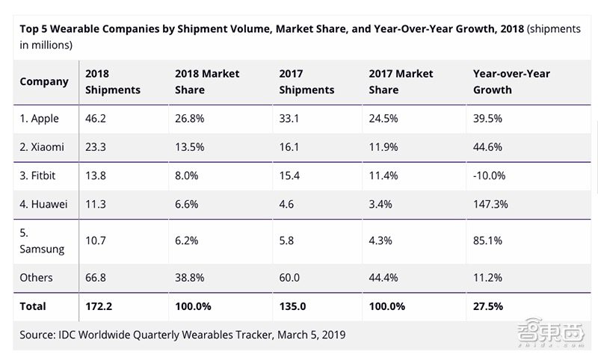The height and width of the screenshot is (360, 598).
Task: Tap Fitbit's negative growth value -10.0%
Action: pyautogui.click(x=490, y=176)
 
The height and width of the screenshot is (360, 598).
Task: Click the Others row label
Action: pyautogui.click(x=36, y=278)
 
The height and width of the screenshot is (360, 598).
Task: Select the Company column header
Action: pyautogui.click(x=44, y=81)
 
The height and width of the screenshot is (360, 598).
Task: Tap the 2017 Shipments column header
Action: pyautogui.click(x=306, y=81)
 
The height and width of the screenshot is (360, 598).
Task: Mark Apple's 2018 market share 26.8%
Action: pyautogui.click(x=190, y=118)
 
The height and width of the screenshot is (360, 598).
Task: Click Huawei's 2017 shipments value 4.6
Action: pyautogui.click(x=287, y=204)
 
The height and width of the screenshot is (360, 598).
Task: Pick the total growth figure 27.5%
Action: pyautogui.click(x=488, y=306)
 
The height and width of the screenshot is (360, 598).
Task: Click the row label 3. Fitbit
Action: pyautogui.click(x=39, y=176)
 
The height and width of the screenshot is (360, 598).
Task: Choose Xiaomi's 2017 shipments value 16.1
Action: pyautogui.click(x=289, y=147)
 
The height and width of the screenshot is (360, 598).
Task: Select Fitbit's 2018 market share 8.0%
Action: pyautogui.click(x=187, y=176)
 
